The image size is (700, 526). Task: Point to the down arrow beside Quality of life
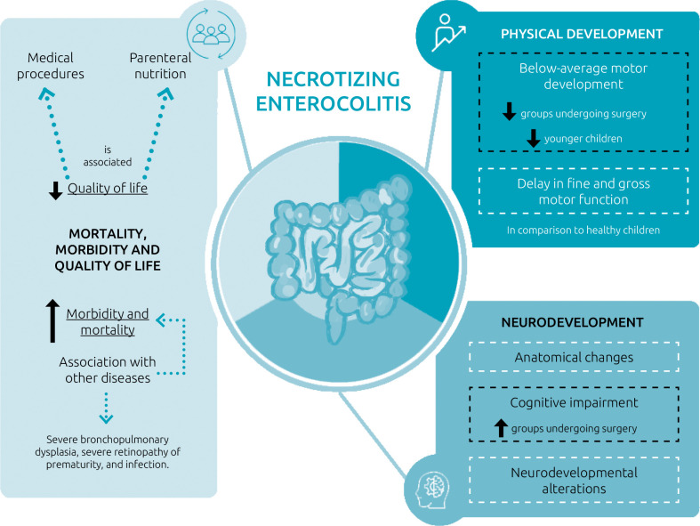pyautogui.click(x=56, y=190)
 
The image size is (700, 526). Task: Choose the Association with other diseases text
pyautogui.click(x=108, y=369)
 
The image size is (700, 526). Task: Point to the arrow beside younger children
pyautogui.click(x=534, y=138)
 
